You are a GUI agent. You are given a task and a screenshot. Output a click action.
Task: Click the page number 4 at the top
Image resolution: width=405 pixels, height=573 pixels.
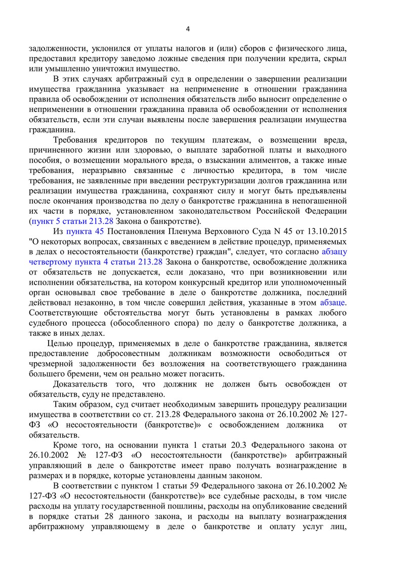point(188,29)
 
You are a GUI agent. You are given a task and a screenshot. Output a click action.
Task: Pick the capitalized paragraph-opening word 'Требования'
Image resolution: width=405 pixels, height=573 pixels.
point(76,140)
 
